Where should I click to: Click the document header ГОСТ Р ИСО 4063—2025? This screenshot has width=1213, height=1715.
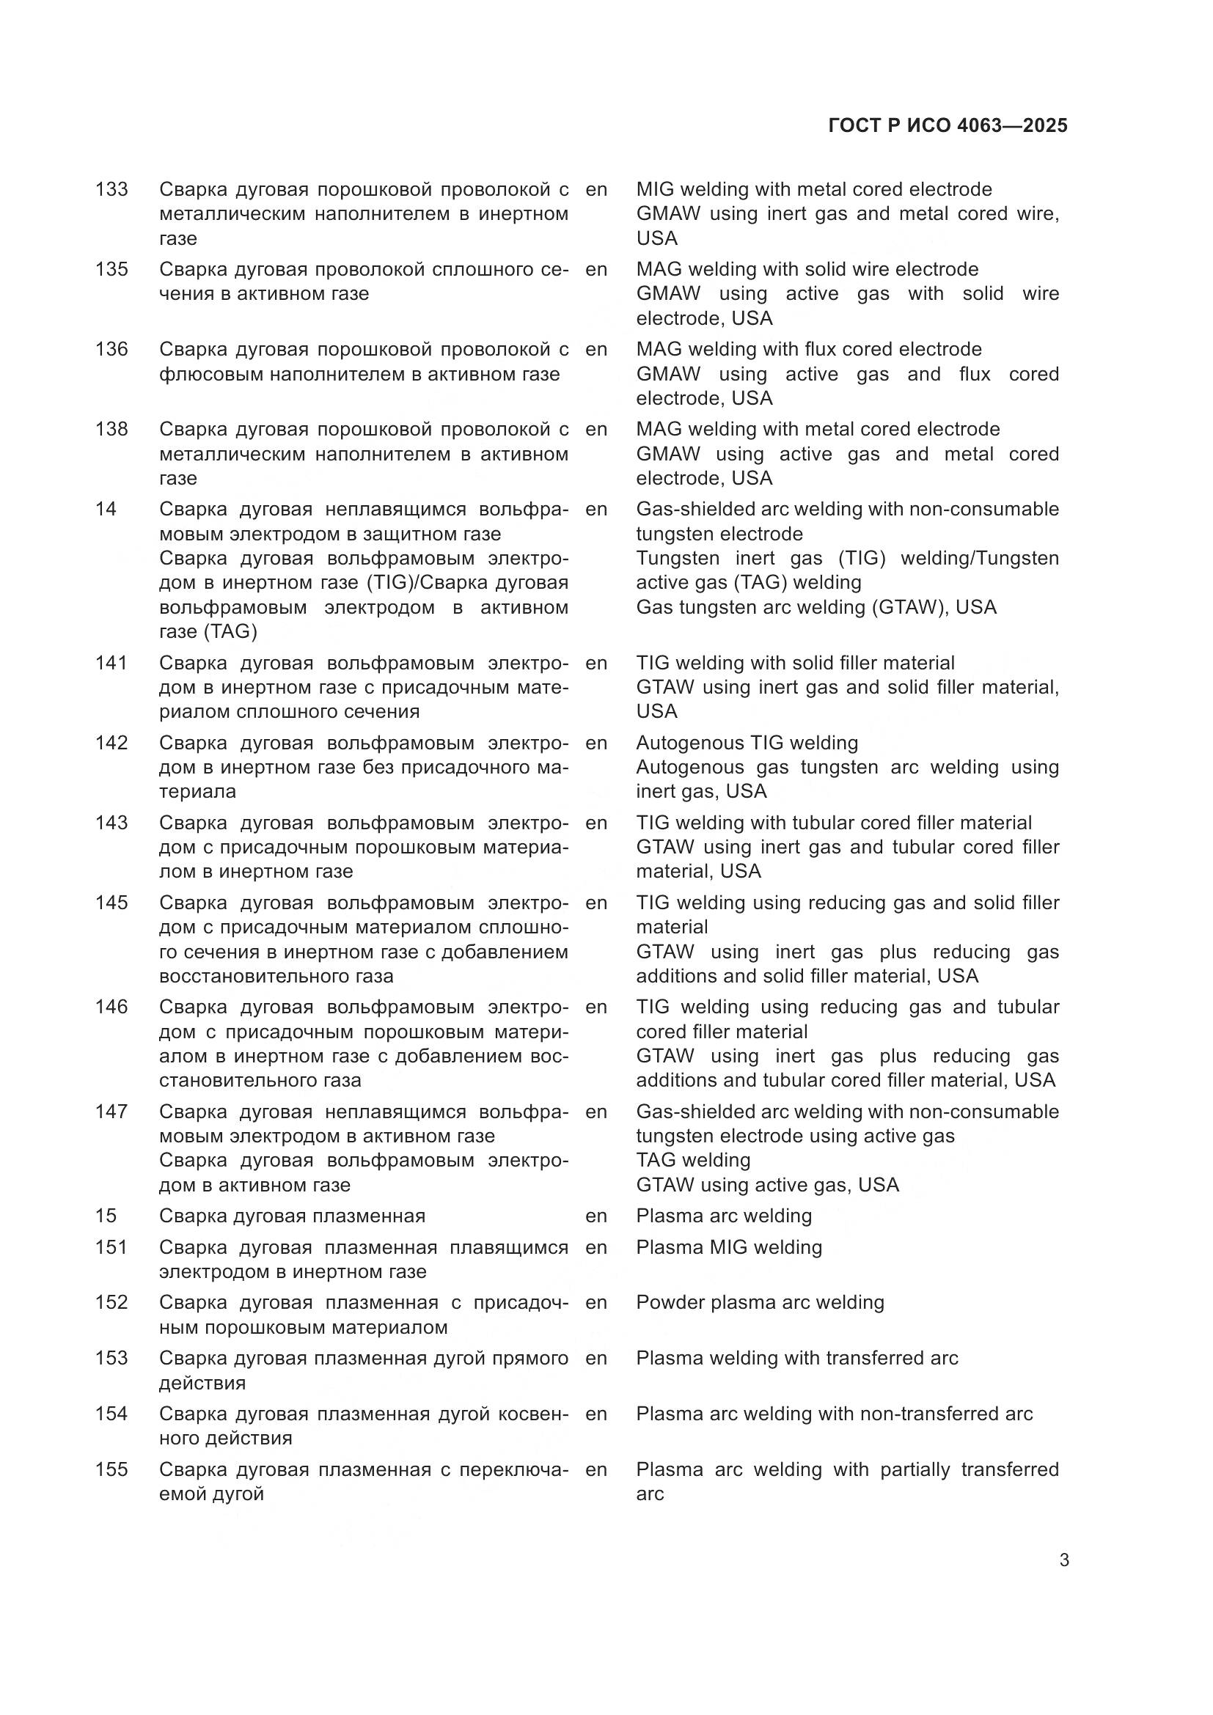pos(947,125)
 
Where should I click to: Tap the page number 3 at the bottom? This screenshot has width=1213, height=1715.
pos(1063,1560)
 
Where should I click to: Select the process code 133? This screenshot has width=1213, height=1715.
pos(111,190)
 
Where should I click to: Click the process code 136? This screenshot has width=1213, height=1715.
pos(111,350)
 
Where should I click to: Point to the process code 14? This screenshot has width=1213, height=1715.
pos(106,510)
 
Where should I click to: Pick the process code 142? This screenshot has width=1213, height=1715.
pos(111,743)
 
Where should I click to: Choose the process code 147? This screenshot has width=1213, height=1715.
pos(111,1112)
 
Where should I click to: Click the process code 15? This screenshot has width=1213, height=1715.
pos(106,1215)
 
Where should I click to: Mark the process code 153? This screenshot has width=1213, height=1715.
pos(111,1358)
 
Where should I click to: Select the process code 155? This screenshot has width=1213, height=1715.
pos(111,1469)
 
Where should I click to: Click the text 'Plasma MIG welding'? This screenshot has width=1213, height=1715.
pos(728,1247)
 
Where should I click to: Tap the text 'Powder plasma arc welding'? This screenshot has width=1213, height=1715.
pos(760,1303)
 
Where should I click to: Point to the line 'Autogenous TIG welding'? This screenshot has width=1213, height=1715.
pos(747,743)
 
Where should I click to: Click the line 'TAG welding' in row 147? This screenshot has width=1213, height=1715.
pos(693,1160)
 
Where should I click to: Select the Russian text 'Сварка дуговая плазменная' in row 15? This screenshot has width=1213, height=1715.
pos(292,1216)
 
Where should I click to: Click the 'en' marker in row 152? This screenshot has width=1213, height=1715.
pos(596,1303)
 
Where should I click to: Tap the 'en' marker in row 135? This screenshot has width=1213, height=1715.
pos(596,270)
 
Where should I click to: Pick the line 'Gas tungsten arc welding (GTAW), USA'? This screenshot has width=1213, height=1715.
pos(816,607)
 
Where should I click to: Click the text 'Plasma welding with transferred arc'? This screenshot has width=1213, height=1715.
pos(797,1358)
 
